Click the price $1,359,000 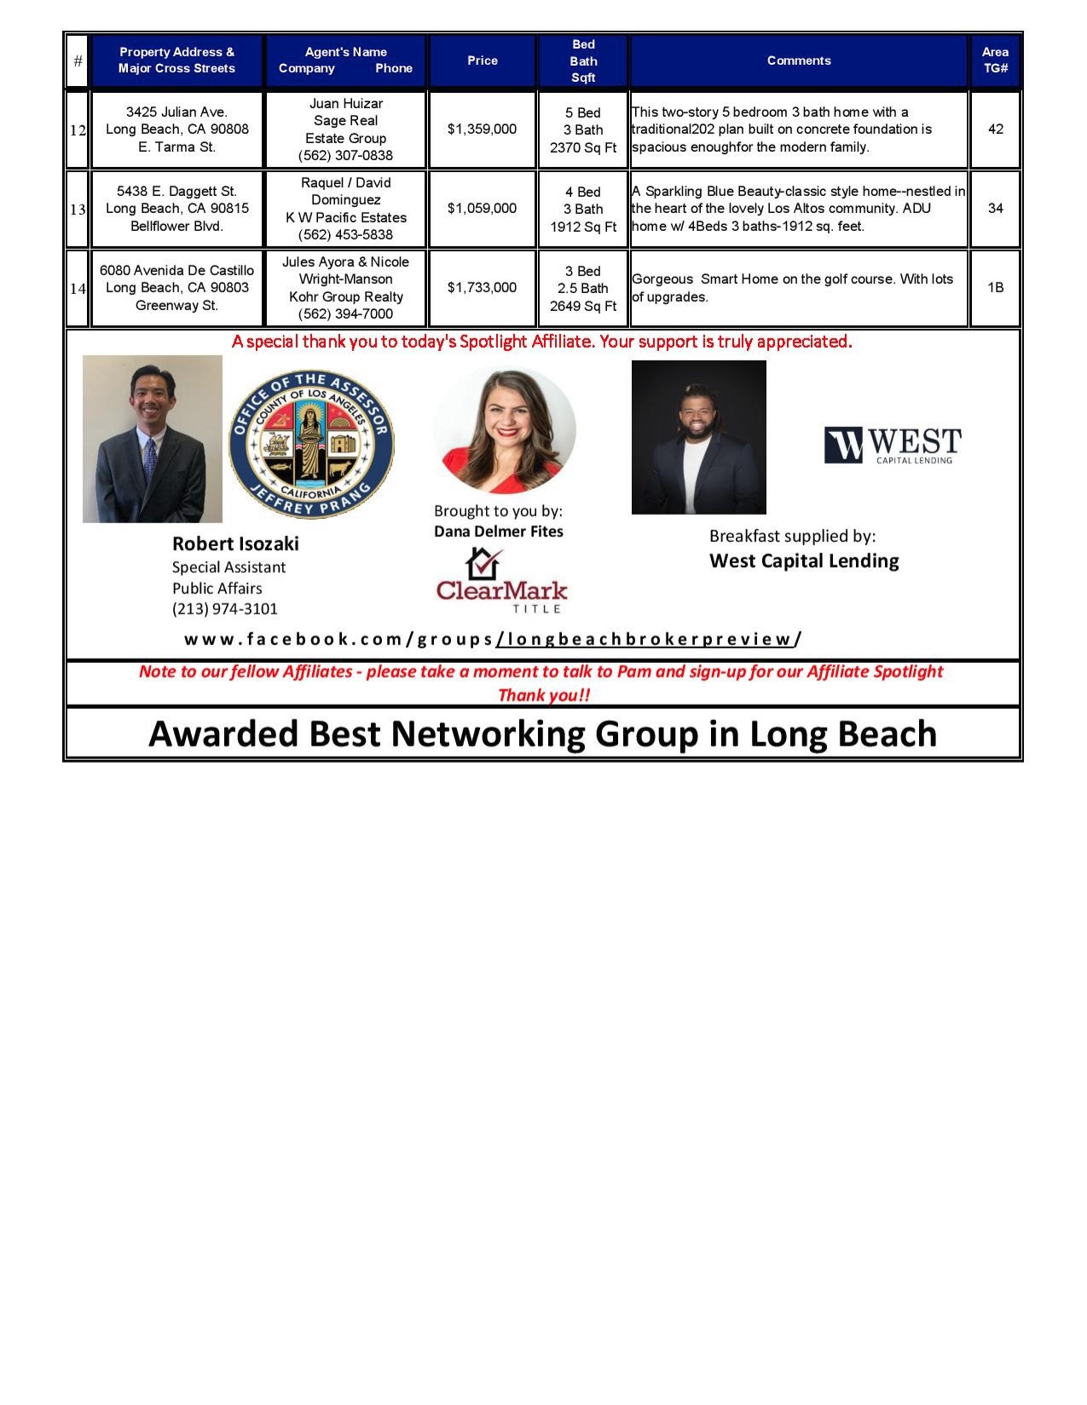point(482,130)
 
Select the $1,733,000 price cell point(482,288)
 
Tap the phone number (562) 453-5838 point(345,235)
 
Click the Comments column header point(798,60)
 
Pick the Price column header point(482,60)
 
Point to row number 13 point(78,210)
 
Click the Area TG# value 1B point(995,288)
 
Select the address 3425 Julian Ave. point(176,112)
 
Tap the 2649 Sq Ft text point(583,306)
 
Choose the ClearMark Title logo point(501,582)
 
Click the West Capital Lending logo point(892,446)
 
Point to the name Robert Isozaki point(235,544)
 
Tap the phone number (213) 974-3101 point(225,609)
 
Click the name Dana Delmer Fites point(499,532)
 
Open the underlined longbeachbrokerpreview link point(645,639)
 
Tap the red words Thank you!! point(543,695)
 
